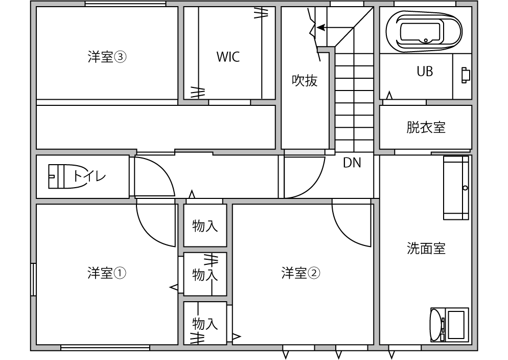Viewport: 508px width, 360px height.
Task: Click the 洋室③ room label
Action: click(106, 57)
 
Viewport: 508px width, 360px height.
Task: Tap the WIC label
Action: click(227, 57)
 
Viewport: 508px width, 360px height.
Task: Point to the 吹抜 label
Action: click(305, 80)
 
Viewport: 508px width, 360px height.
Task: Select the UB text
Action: click(425, 72)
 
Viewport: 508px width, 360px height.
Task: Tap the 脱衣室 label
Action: click(426, 127)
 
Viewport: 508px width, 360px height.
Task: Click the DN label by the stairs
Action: click(352, 163)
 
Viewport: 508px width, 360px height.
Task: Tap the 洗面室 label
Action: click(426, 249)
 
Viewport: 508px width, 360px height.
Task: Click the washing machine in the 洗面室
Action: click(449, 324)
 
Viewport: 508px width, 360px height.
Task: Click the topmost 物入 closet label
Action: click(205, 226)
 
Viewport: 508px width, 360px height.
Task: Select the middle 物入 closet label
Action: click(205, 275)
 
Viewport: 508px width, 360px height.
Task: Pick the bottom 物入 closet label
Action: click(205, 323)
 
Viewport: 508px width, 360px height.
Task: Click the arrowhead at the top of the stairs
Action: click(320, 28)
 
